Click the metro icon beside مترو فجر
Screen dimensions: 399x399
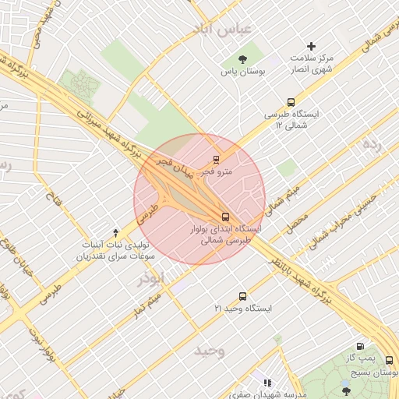point(217,160)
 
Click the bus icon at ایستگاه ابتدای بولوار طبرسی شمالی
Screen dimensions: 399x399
point(225,217)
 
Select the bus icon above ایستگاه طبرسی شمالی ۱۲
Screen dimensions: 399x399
point(291,102)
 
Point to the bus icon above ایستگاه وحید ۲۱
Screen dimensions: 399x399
point(243,296)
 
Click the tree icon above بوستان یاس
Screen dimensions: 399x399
point(244,59)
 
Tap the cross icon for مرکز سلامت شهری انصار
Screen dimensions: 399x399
point(312,47)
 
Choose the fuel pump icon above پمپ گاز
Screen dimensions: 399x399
point(359,346)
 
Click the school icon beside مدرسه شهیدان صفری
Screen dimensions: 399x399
point(268,383)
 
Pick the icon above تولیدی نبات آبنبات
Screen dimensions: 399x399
point(116,232)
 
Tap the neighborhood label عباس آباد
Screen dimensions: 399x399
point(227,29)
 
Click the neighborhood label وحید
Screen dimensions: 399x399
point(211,351)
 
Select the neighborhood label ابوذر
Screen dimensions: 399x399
point(151,278)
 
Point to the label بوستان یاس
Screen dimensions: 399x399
point(243,72)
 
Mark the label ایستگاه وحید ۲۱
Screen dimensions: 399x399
point(244,309)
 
